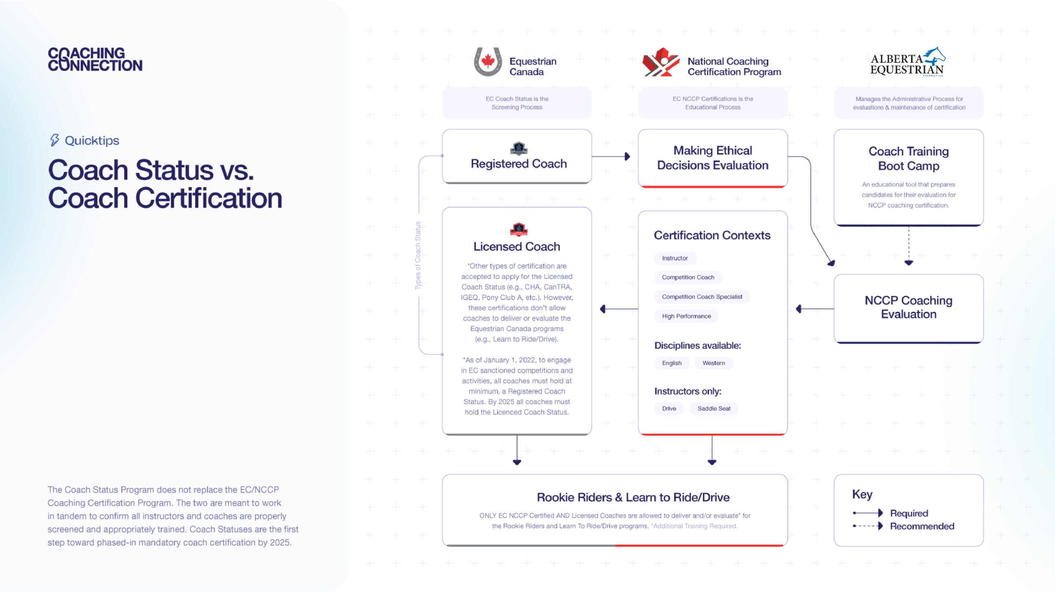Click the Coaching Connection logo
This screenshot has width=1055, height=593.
pyautogui.click(x=95, y=59)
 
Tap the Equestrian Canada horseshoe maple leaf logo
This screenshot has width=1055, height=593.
pyautogui.click(x=488, y=62)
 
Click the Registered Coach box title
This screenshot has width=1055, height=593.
pyautogui.click(x=518, y=163)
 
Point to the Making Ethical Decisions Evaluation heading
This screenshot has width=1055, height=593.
pyautogui.click(x=713, y=158)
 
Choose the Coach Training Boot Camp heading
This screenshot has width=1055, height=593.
pyautogui.click(x=908, y=159)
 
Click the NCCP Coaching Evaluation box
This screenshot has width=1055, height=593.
pyautogui.click(x=908, y=307)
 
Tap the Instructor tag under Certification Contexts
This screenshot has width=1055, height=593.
pyautogui.click(x=675, y=258)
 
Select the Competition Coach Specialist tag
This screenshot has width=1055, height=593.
pyautogui.click(x=702, y=297)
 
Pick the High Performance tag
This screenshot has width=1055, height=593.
pyautogui.click(x=686, y=316)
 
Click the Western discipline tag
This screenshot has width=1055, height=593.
pyautogui.click(x=713, y=363)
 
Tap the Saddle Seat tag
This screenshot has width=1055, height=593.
pyautogui.click(x=714, y=409)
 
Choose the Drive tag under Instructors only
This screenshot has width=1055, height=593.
pyautogui.click(x=669, y=409)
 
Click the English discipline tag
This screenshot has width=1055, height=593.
pyautogui.click(x=671, y=363)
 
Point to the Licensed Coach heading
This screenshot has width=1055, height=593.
pyautogui.click(x=517, y=247)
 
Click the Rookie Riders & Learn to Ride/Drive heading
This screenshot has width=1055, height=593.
pyautogui.click(x=633, y=497)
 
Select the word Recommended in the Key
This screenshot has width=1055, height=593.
pyautogui.click(x=922, y=526)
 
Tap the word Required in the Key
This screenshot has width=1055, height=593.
pyautogui.click(x=909, y=513)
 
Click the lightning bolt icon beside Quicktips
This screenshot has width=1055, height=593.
pyautogui.click(x=54, y=140)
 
